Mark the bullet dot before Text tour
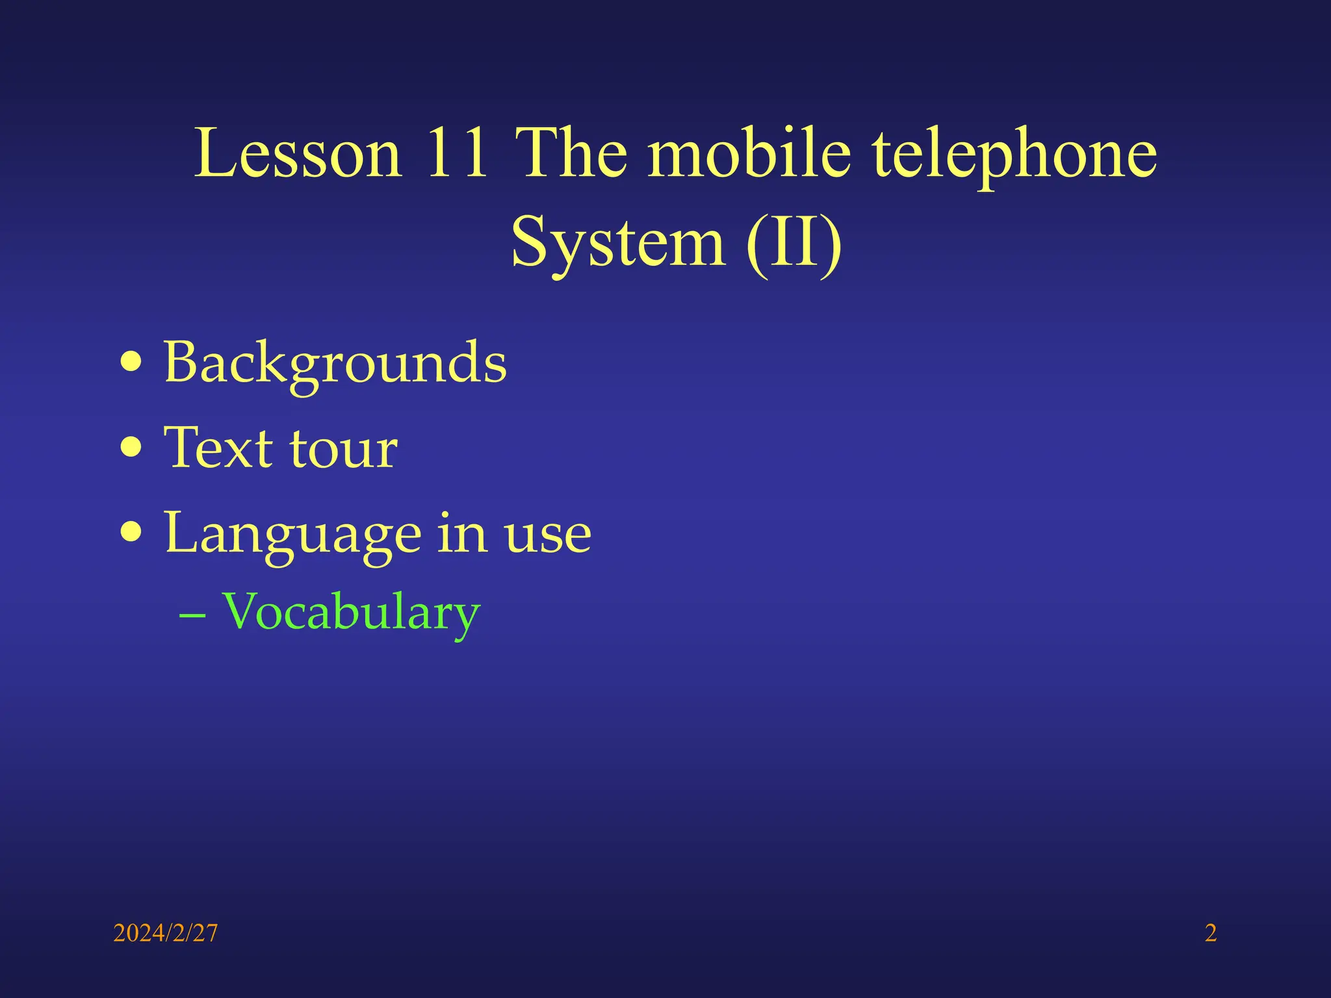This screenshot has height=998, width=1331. click(131, 447)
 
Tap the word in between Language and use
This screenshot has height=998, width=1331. click(461, 533)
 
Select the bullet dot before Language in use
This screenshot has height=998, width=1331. click(131, 532)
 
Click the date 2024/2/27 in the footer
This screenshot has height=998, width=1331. click(165, 933)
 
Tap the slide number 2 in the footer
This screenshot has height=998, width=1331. click(1210, 933)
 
